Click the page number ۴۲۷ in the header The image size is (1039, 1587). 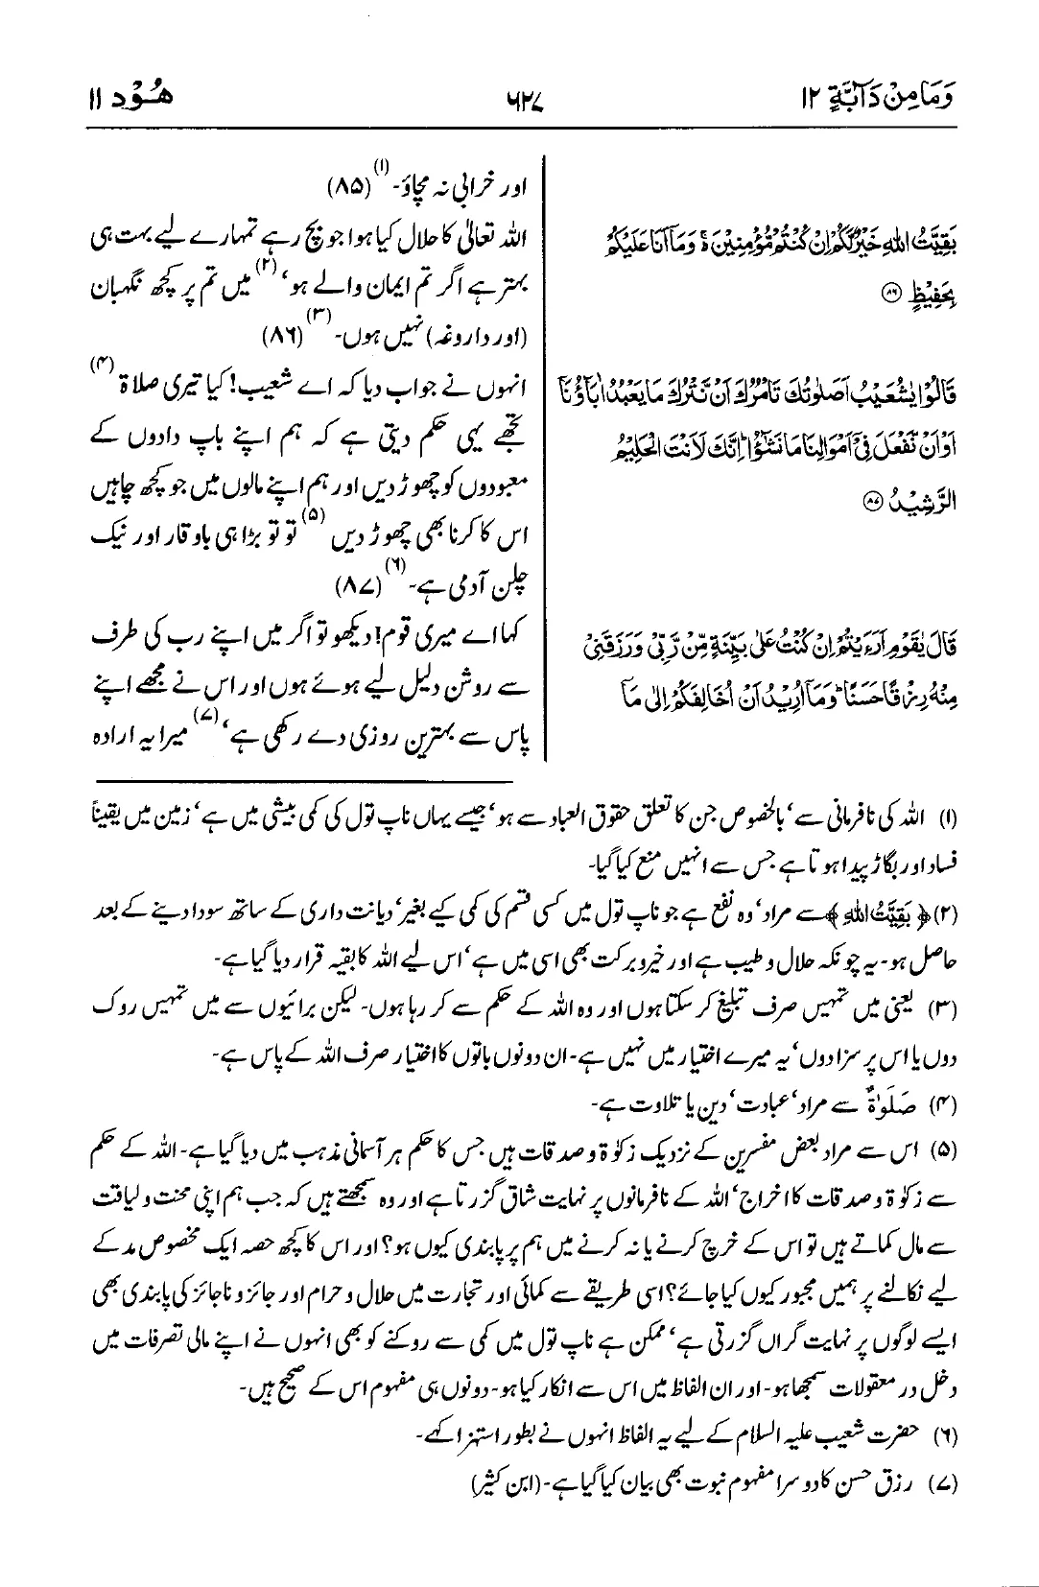click(x=519, y=97)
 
